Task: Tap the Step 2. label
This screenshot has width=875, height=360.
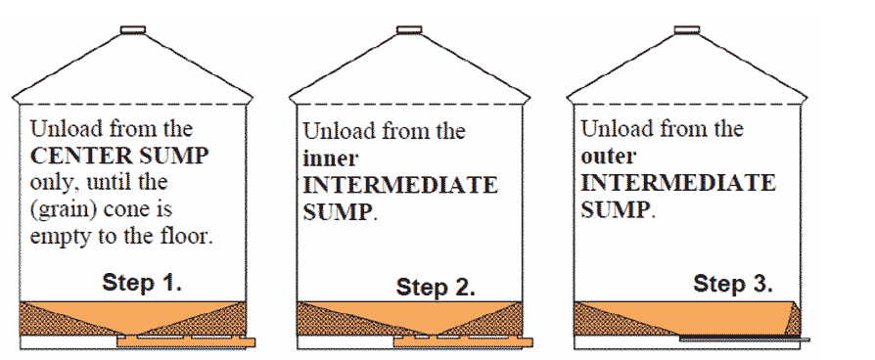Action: (x=436, y=288)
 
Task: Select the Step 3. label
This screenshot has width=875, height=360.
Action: (x=733, y=284)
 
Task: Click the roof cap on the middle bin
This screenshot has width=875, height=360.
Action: (x=409, y=30)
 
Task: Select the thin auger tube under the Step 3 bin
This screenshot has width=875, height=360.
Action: (x=744, y=339)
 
